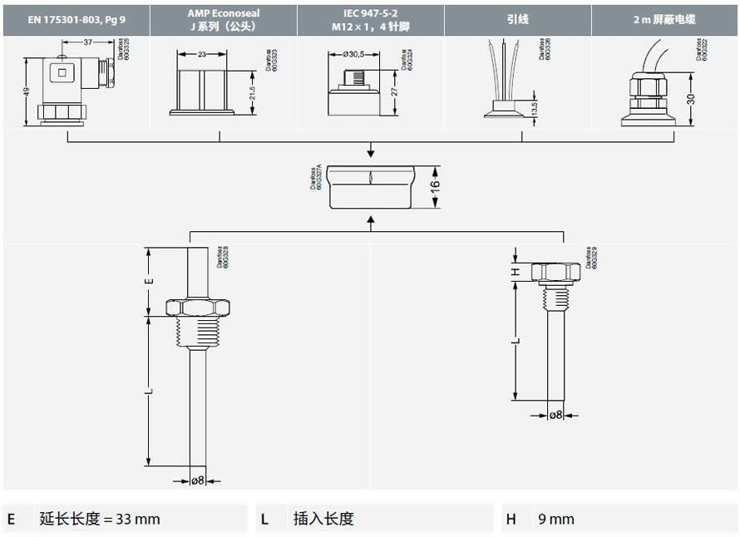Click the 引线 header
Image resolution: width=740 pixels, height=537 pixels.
(x=517, y=19)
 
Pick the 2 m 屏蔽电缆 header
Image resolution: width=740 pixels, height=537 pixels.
(x=664, y=19)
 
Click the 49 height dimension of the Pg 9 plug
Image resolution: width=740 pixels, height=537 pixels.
(x=27, y=93)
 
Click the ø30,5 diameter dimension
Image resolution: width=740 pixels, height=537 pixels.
(x=354, y=55)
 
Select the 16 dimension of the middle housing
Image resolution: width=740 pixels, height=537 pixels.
(x=433, y=186)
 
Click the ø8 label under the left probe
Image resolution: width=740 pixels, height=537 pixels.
(x=198, y=480)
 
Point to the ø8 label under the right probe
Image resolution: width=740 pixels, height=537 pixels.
(x=556, y=414)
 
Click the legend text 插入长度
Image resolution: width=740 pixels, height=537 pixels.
(x=323, y=519)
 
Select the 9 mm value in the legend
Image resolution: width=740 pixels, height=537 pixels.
(x=556, y=519)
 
